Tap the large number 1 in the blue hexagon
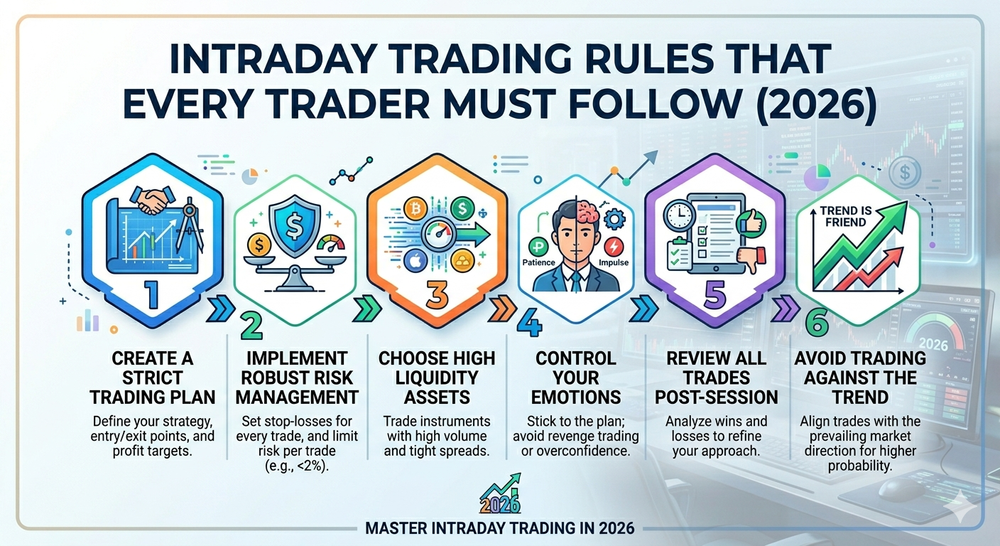coord(152,294)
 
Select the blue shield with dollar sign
coord(295,225)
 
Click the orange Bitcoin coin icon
coord(415,208)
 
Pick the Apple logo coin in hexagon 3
coord(415,260)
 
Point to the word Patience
coord(539,262)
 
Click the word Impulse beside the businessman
coord(614,262)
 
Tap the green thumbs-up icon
coord(751,222)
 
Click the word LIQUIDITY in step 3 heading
coord(437,378)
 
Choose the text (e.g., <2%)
coord(296,466)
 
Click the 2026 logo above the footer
coord(501,494)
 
